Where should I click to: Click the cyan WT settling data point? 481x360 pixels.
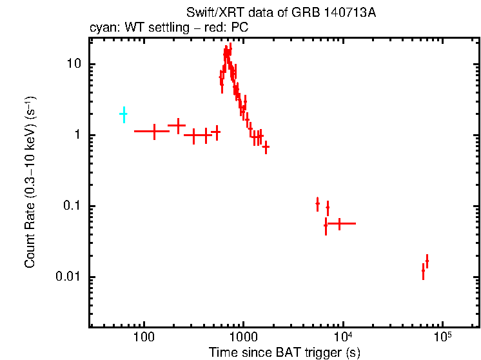[123, 114]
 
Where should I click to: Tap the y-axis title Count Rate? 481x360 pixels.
[30, 183]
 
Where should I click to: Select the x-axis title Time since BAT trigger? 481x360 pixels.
[284, 352]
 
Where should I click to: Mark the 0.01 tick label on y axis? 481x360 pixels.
[68, 277]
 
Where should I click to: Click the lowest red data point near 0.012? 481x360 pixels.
[423, 272]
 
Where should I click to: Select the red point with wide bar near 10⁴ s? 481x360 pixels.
[339, 223]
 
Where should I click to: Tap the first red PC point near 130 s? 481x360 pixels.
[154, 131]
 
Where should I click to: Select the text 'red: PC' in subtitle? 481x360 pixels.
[227, 28]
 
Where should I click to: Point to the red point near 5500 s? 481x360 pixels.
[317, 203]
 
